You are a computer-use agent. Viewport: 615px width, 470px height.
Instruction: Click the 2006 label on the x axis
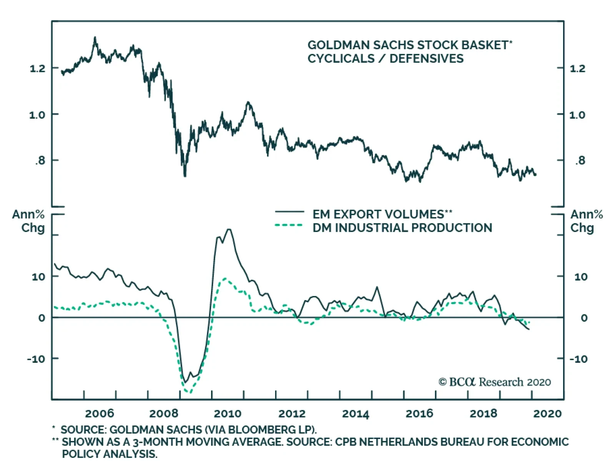pos(100,413)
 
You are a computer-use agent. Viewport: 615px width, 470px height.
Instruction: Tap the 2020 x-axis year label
pos(547,413)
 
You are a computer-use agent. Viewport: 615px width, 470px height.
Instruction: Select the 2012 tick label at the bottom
pos(292,413)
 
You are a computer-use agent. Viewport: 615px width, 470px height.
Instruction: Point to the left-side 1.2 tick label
pos(37,69)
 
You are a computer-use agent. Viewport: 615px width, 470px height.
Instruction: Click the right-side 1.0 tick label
pos(577,115)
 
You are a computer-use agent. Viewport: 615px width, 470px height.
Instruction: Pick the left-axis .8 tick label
pos(40,160)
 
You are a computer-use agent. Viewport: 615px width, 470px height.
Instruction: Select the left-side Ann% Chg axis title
pos(28,221)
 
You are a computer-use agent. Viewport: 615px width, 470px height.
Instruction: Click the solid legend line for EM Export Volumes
pos(289,212)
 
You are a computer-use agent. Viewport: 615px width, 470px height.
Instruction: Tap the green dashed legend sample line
pos(289,225)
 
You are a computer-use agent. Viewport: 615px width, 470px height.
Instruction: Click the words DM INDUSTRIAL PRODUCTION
pos(402,228)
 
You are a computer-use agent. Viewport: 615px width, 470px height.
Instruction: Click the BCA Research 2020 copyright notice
pos(495,382)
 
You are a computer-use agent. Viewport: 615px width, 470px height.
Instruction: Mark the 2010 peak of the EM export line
pos(229,229)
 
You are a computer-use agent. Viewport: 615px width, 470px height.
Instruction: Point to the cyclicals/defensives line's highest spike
pos(95,38)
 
